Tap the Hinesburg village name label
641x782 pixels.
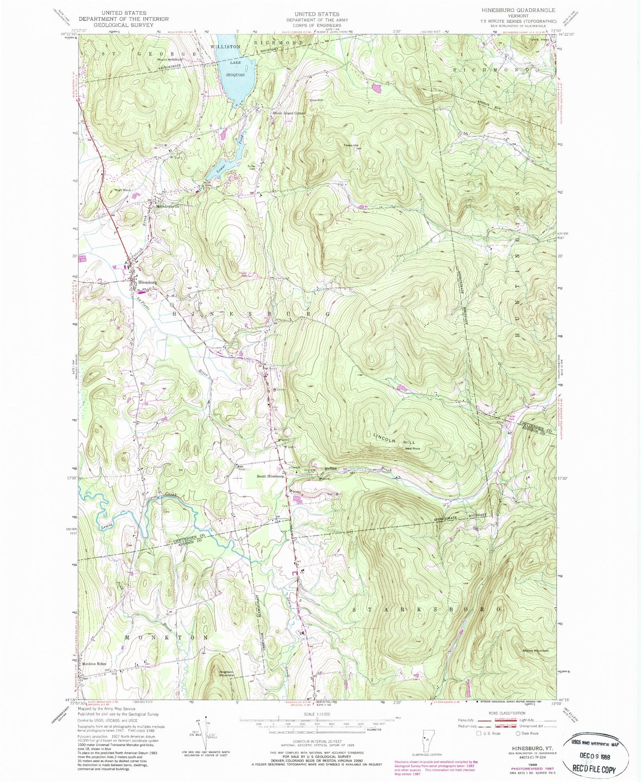coord(147,282)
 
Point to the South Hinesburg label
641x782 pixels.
coord(270,477)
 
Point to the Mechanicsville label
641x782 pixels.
coord(167,207)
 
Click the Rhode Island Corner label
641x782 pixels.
coord(289,113)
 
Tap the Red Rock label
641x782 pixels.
coord(413,449)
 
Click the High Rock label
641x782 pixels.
coord(122,190)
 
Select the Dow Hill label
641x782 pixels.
coord(316,100)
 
